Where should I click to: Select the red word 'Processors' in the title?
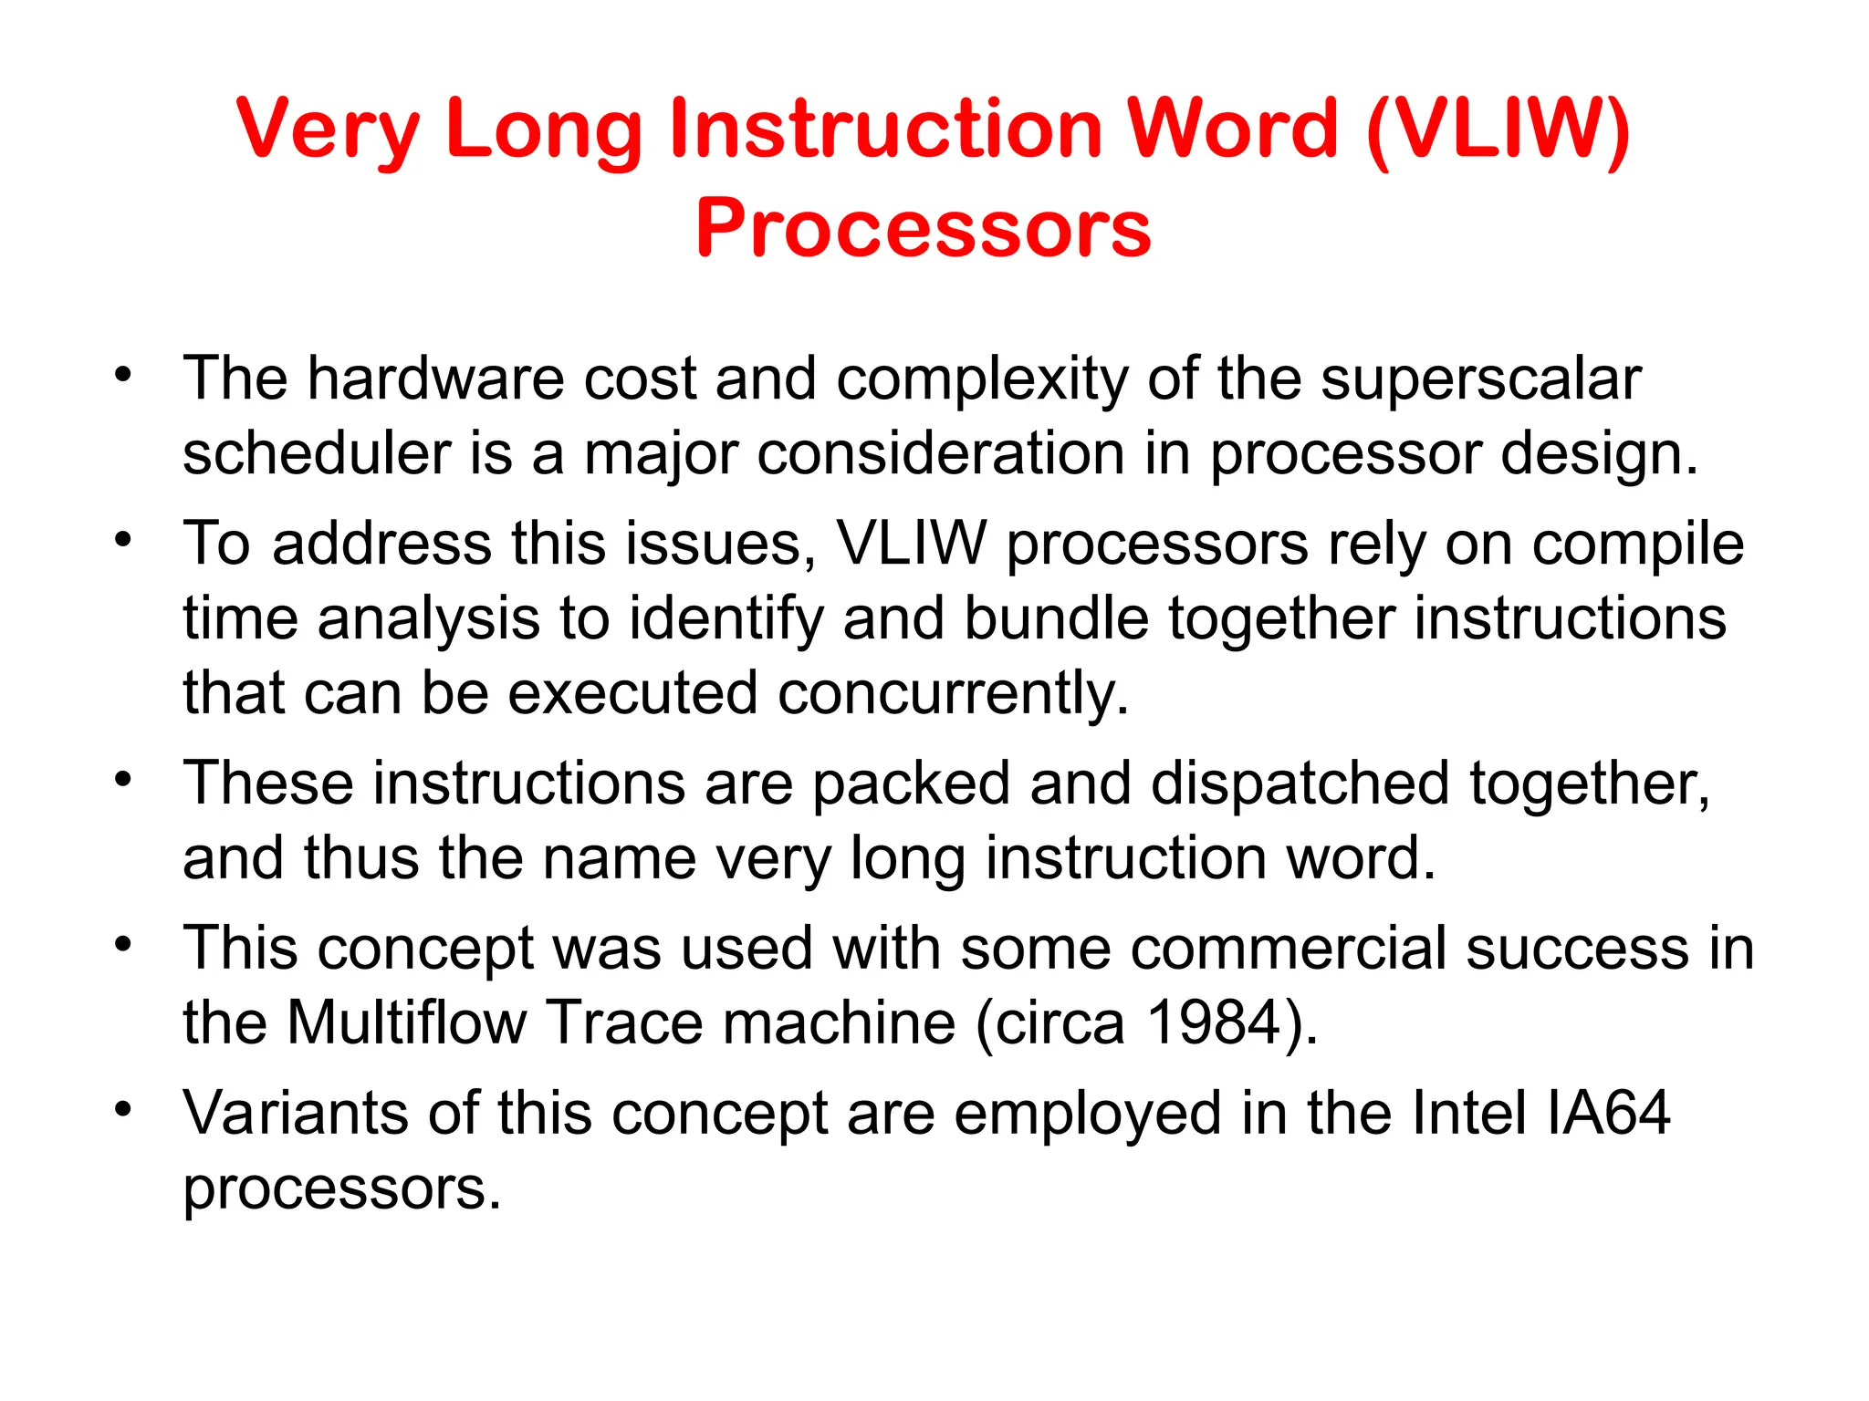pos(923,227)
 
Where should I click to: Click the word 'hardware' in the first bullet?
pos(435,379)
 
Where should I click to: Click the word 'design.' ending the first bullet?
pos(1599,455)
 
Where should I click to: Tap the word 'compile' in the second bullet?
pos(1637,545)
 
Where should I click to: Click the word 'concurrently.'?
pos(954,693)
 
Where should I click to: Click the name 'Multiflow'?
pos(407,1022)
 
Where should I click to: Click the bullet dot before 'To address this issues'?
pos(123,539)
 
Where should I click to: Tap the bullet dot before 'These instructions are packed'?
pos(123,779)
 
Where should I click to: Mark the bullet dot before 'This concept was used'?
pos(123,944)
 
